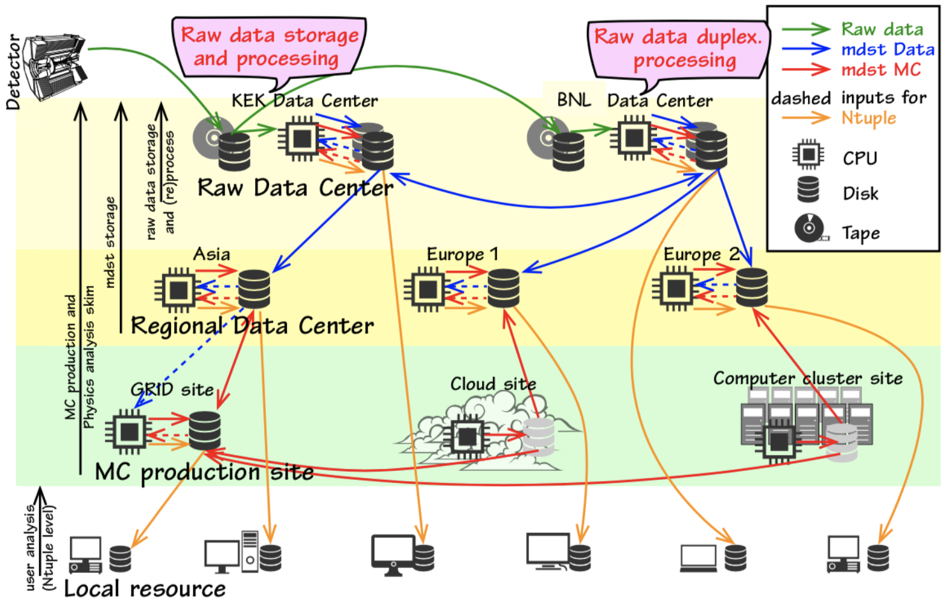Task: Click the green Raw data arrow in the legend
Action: [806, 29]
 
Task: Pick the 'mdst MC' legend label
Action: [881, 69]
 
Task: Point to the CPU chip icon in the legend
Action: [808, 154]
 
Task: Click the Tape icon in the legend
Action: [809, 228]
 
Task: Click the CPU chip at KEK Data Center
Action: [302, 138]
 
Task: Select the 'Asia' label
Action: [212, 254]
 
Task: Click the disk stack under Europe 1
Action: [503, 288]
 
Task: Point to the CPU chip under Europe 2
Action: [675, 288]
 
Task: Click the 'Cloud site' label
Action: [493, 384]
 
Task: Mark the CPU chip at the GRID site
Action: [129, 432]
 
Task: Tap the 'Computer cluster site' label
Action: [807, 379]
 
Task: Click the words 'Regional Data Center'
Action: [252, 326]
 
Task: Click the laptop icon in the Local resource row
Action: [698, 558]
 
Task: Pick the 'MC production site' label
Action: [204, 472]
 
